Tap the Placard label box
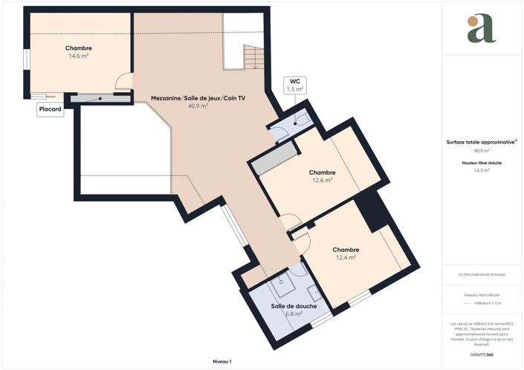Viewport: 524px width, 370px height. pos(50,108)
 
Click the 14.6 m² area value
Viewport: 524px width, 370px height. pos(78,56)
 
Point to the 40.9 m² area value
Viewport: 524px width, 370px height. pos(198,106)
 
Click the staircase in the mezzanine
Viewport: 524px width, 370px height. pos(253,57)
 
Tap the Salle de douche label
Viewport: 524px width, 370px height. pos(294,306)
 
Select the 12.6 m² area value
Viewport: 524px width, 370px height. pos(322,180)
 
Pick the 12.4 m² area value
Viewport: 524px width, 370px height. pos(346,258)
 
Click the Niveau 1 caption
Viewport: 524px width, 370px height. pos(222,361)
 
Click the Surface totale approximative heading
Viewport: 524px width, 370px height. pos(482,142)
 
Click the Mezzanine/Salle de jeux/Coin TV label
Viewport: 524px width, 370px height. pos(198,97)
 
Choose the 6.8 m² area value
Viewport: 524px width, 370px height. pos(294,314)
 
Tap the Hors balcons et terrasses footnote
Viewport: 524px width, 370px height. pos(482,275)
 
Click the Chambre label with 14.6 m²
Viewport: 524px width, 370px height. pos(78,48)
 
